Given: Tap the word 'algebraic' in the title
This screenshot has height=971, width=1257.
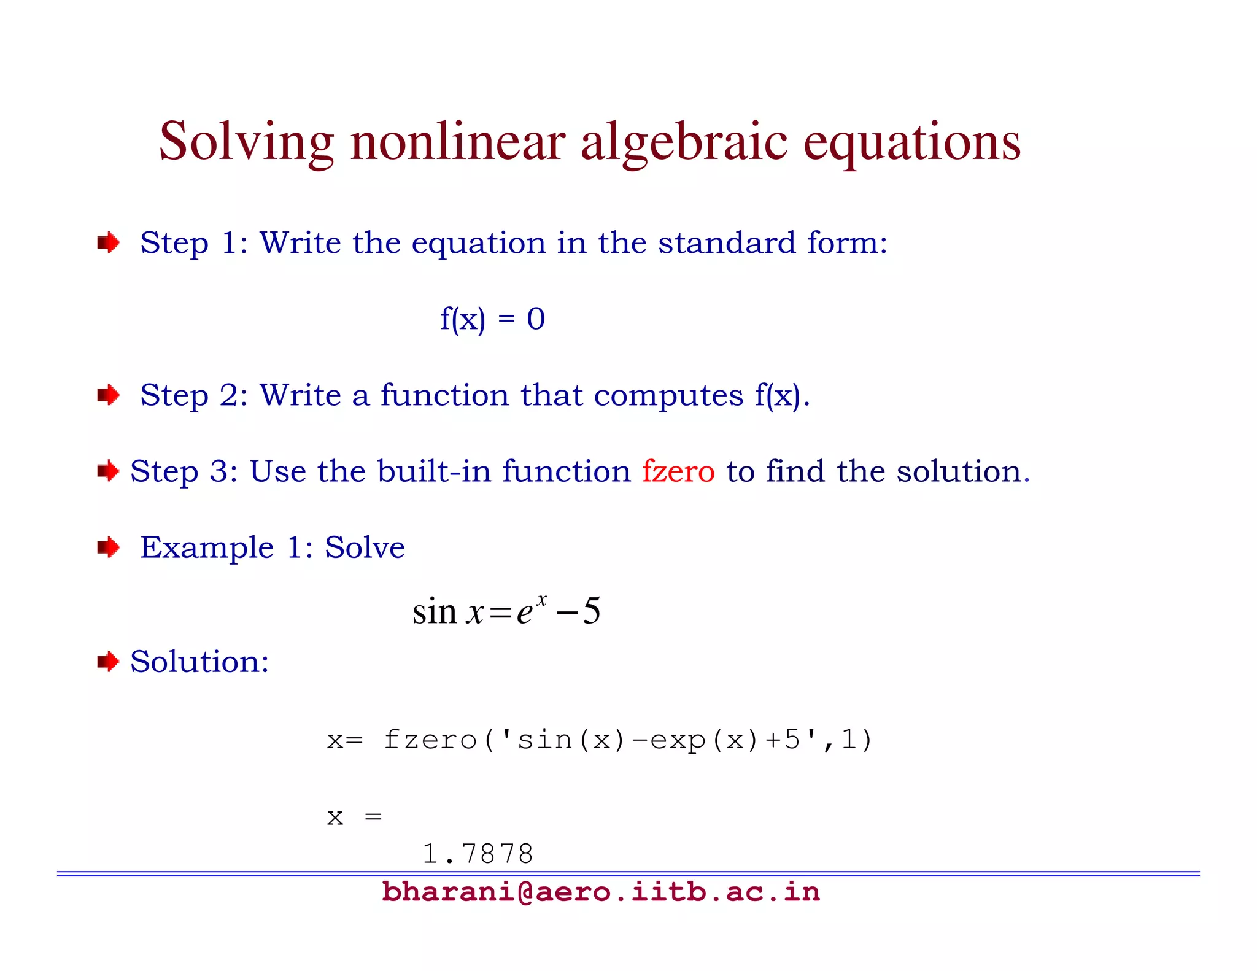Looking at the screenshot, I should tap(684, 142).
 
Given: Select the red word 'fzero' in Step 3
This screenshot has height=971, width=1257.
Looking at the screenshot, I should tap(678, 471).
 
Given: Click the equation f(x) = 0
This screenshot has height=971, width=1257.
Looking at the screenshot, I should tap(492, 319).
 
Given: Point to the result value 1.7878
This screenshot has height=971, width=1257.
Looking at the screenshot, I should tap(478, 853).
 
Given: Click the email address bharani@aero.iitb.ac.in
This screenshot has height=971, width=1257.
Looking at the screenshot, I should tap(600, 892).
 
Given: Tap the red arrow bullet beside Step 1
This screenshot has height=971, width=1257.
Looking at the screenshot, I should tap(108, 242).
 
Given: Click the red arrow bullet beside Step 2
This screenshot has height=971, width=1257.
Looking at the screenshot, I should tap(108, 395).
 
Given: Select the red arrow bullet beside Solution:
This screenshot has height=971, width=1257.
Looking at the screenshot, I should tap(108, 662).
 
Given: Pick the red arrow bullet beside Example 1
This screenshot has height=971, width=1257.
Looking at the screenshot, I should tap(108, 547).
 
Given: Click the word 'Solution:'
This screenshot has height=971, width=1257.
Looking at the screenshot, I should tap(199, 662).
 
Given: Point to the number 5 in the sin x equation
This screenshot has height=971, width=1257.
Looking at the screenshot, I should tap(591, 611).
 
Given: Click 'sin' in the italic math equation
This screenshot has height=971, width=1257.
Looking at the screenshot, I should tap(434, 612).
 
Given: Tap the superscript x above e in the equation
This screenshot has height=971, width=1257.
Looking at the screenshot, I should tap(541, 599).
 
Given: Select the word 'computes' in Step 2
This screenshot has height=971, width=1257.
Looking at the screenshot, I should tap(668, 395).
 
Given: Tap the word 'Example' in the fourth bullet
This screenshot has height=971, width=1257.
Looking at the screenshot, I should tap(207, 548).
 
